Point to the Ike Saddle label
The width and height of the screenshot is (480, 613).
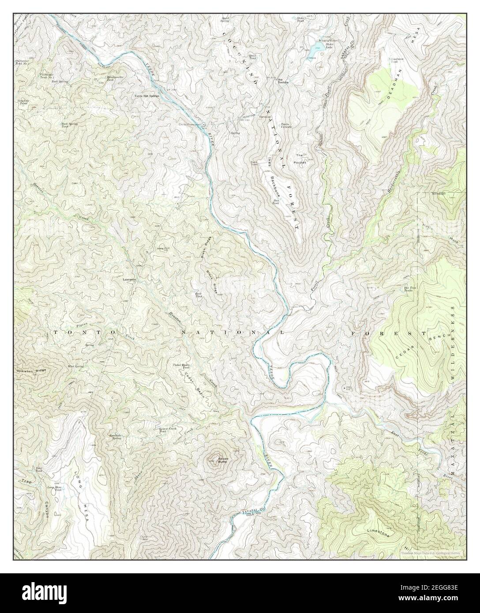click(x=283, y=81)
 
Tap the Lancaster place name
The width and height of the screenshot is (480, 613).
click(x=130, y=280)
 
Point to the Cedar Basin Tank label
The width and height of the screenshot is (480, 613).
click(x=181, y=366)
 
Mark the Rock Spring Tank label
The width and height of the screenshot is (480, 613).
click(x=69, y=125)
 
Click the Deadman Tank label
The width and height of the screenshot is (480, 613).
click(x=396, y=60)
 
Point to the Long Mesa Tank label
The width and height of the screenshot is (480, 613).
click(x=55, y=488)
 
